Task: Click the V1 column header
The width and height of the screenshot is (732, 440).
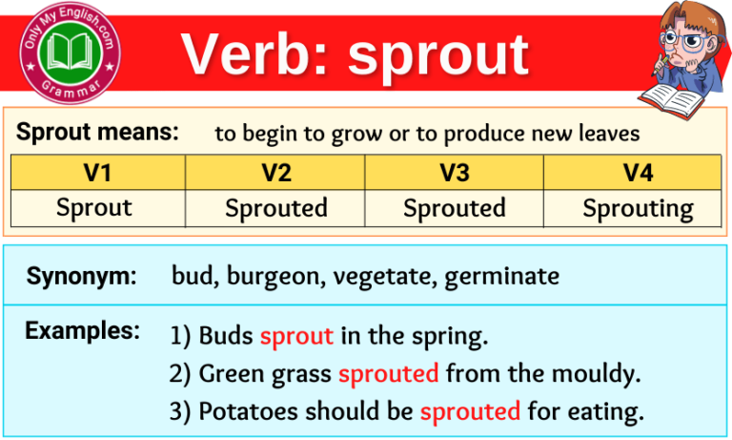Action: click(97, 173)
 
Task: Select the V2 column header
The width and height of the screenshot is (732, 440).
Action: click(275, 173)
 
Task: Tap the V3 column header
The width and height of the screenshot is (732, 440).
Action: click(454, 173)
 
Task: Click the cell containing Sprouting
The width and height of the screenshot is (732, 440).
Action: click(638, 208)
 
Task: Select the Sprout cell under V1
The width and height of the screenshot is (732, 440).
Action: click(94, 208)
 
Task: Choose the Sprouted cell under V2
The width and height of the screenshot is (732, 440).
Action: click(276, 208)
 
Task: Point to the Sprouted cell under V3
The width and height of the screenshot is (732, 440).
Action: click(454, 208)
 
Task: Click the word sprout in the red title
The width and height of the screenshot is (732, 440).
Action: click(437, 54)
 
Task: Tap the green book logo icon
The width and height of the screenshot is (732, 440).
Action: click(72, 52)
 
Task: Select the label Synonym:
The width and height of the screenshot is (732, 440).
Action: click(82, 277)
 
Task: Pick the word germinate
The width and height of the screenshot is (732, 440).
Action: click(501, 278)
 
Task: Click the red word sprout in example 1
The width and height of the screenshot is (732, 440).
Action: click(296, 336)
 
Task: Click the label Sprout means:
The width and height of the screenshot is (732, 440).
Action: click(97, 133)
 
